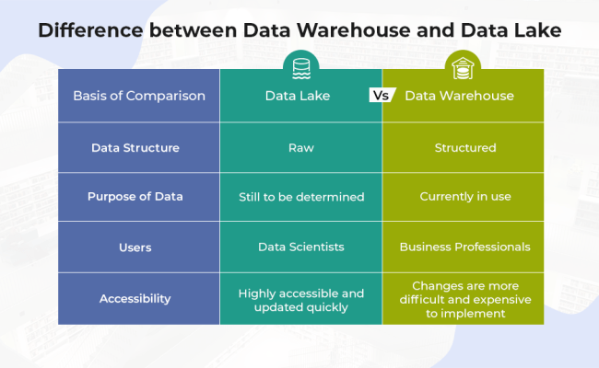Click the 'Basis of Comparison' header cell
pos(139,96)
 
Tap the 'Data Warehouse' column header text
pos(459,96)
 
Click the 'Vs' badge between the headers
pos(382,95)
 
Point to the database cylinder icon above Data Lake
pos(300,66)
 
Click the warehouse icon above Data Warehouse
pos(462,66)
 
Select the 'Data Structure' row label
pos(135,147)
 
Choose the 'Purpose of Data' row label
pos(135,196)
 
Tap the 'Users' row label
pos(135,247)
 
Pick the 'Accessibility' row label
pos(135,298)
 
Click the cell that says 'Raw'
pos(300,147)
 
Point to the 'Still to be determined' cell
pos(300,196)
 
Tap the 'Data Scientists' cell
pos(300,247)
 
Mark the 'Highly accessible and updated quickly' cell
pos(300,300)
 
